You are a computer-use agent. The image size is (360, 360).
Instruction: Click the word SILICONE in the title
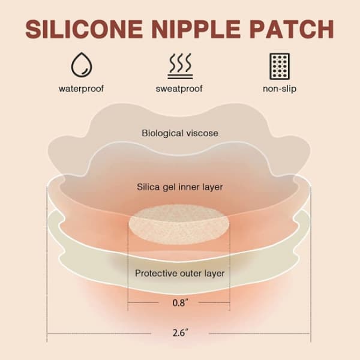[x=84, y=29]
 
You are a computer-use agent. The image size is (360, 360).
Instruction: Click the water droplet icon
[x=82, y=65]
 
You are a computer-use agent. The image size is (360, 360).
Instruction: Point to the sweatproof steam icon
[x=180, y=67]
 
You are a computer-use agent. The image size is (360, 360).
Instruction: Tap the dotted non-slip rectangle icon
[x=280, y=67]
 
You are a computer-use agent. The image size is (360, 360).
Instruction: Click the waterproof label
[x=81, y=89]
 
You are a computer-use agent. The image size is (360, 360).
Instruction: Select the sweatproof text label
[x=179, y=89]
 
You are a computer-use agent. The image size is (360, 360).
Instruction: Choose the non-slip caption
[x=280, y=89]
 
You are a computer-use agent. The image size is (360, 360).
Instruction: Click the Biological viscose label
[x=180, y=133]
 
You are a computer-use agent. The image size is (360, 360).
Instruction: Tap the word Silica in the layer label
[x=148, y=187]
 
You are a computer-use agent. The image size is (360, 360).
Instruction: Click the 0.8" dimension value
[x=180, y=303]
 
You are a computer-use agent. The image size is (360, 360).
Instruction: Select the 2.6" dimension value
[x=180, y=332]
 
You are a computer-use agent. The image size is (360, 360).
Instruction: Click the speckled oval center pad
[x=179, y=224]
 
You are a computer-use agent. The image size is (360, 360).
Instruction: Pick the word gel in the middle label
[x=169, y=188]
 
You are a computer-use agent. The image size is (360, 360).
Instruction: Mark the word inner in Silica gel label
[x=189, y=187]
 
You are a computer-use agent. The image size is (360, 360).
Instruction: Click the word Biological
[x=163, y=133]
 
